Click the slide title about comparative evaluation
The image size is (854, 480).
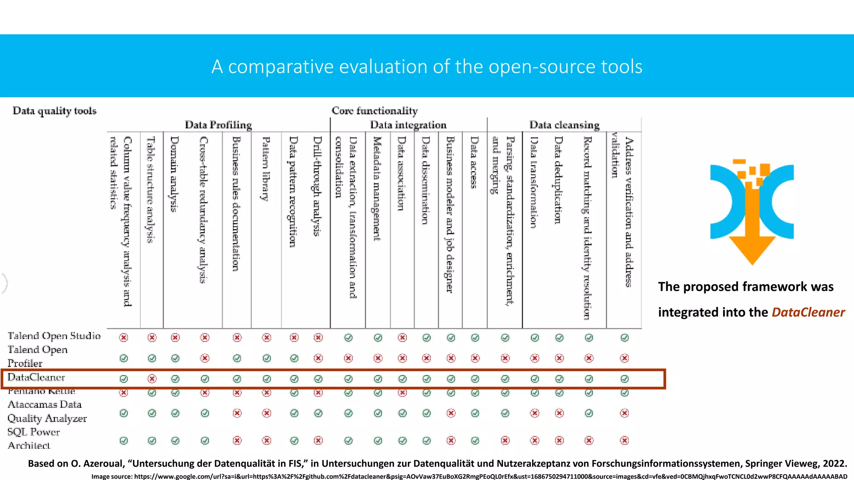click(x=427, y=67)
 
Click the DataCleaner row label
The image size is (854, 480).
click(x=36, y=377)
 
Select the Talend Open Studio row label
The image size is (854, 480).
click(x=54, y=336)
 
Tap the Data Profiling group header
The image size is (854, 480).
click(x=218, y=125)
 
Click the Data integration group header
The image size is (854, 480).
click(x=408, y=125)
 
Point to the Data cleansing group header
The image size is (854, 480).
click(x=564, y=125)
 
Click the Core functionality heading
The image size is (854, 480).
click(x=374, y=111)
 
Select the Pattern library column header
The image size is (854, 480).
click(x=266, y=169)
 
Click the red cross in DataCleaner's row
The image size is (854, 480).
click(x=152, y=379)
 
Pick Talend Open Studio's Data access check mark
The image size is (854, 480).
click(x=475, y=338)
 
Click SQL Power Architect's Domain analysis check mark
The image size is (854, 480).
click(x=175, y=441)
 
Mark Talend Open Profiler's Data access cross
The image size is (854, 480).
click(x=475, y=358)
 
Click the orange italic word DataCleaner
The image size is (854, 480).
click(x=808, y=312)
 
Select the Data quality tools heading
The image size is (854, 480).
click(x=55, y=111)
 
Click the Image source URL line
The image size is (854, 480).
click(x=469, y=476)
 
